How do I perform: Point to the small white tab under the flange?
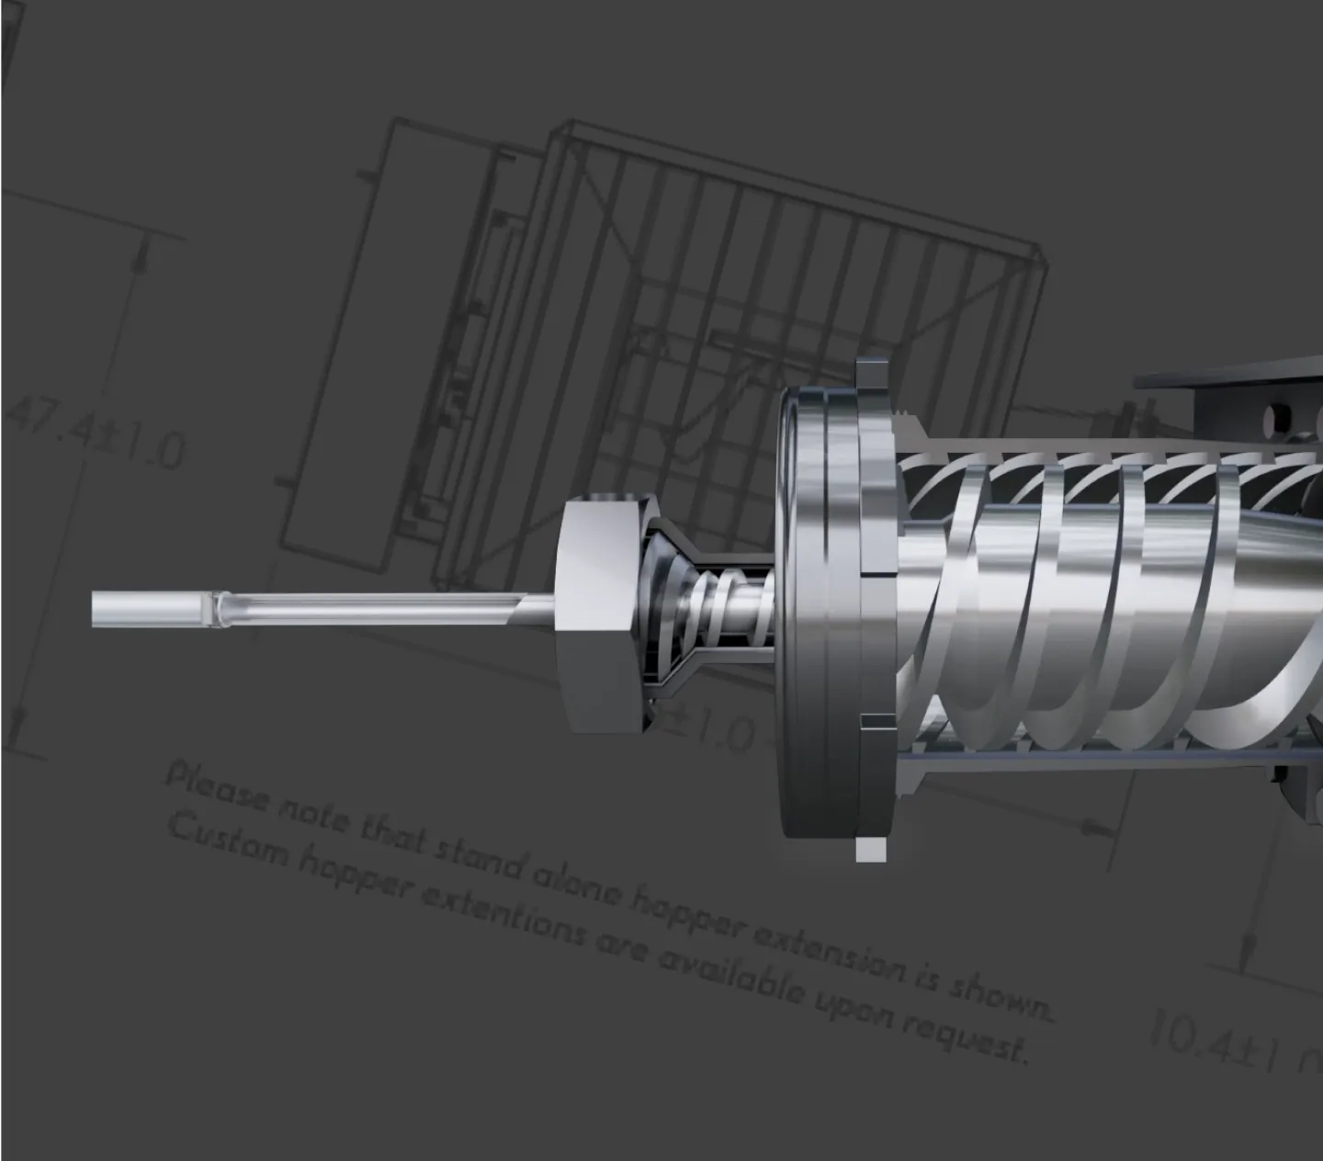tap(871, 850)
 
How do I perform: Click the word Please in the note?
tap(216, 791)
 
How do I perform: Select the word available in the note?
tap(726, 974)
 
